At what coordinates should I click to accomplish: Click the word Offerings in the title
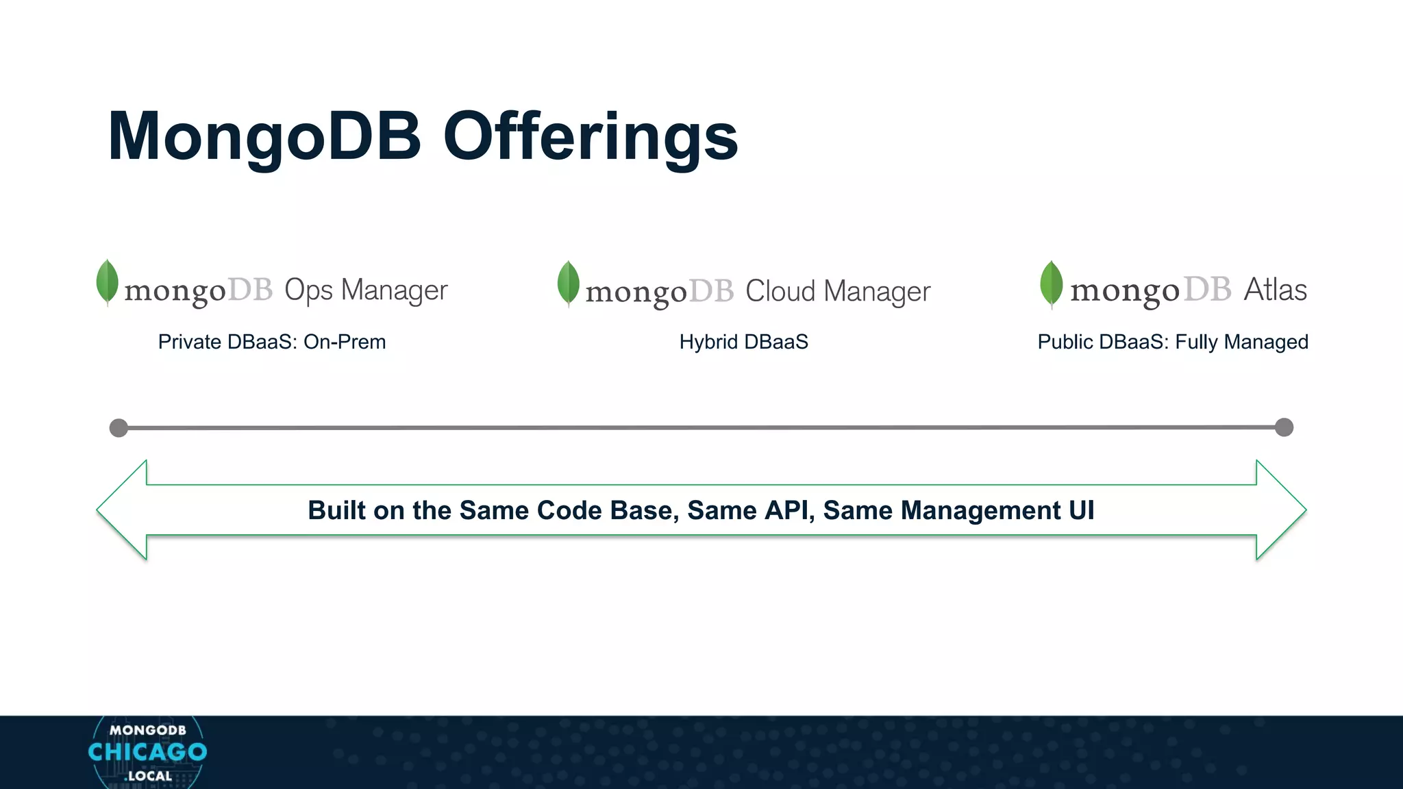(591, 136)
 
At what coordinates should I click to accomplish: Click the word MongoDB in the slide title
(264, 136)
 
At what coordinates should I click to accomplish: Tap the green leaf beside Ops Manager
(107, 281)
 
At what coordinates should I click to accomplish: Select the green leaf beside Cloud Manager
(568, 283)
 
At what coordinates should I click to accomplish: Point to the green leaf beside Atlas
(1051, 284)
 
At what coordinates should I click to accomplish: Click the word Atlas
(1275, 290)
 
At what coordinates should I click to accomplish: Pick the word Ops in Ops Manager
(308, 291)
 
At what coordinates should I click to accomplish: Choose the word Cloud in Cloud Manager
(780, 292)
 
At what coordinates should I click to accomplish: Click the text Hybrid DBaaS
(743, 342)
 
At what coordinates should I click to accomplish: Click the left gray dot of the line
(119, 428)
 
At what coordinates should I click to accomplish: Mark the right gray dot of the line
(1284, 427)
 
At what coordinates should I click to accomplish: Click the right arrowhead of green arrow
(1280, 510)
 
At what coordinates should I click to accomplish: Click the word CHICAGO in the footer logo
(147, 752)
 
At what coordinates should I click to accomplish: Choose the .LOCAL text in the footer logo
(148, 776)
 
